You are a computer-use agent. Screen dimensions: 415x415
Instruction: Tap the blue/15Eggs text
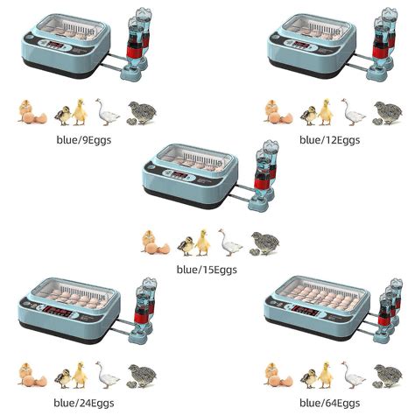pos(207,270)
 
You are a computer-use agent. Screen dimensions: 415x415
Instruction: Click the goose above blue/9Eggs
pos(107,112)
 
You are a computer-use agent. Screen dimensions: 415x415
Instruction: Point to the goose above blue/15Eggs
pos(229,242)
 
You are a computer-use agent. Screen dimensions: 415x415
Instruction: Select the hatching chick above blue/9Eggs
pos(31,112)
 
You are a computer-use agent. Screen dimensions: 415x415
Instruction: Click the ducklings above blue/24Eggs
pos(71,376)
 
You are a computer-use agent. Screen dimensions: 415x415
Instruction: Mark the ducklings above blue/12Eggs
pos(317,112)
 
